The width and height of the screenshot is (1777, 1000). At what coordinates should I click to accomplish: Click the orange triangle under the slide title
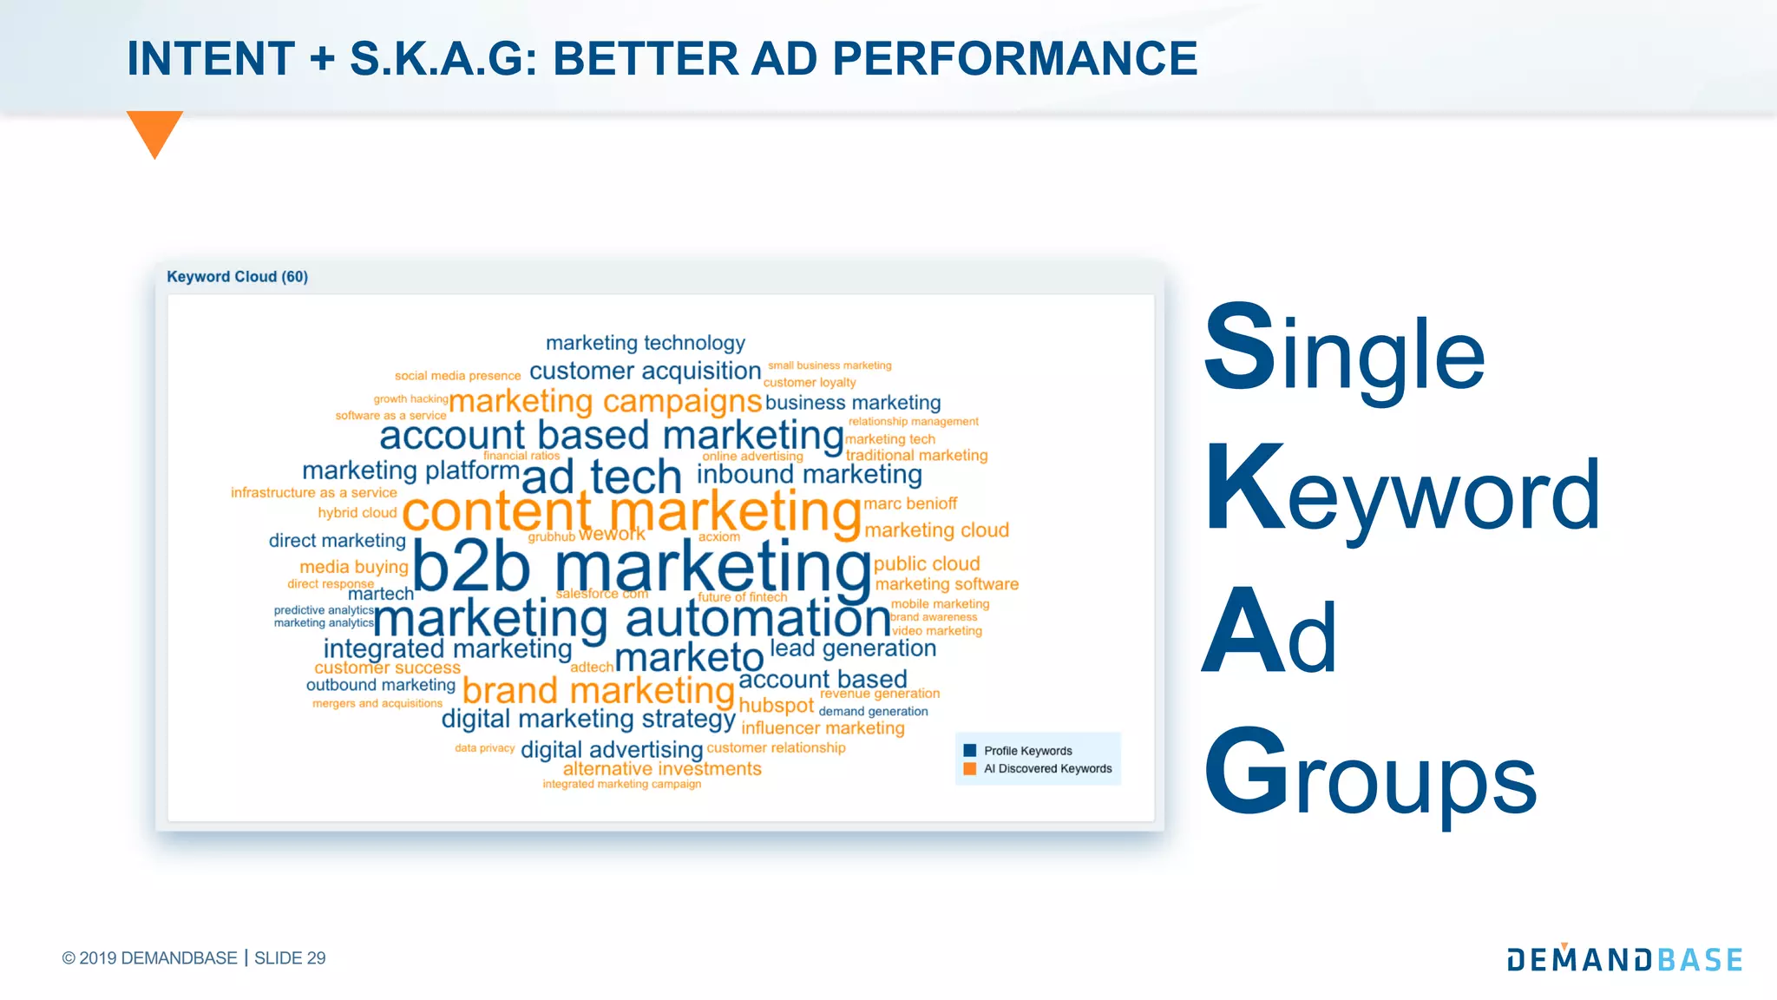(154, 130)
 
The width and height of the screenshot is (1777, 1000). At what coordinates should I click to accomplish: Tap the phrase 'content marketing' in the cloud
(631, 511)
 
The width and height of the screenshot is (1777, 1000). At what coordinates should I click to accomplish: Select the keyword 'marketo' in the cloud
(689, 658)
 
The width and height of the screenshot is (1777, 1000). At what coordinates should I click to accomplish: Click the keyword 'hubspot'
(776, 706)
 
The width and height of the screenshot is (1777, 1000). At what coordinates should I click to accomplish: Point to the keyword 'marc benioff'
(910, 503)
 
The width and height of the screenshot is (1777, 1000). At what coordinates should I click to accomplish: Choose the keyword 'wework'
(612, 534)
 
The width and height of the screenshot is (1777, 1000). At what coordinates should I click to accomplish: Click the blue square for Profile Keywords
(970, 751)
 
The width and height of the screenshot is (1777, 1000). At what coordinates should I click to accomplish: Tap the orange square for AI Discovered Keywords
(970, 768)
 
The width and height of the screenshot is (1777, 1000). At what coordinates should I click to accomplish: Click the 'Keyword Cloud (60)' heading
(237, 277)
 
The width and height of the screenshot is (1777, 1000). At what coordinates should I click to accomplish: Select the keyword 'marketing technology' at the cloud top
(646, 343)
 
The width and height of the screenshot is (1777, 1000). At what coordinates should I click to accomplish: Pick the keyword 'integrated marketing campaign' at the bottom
(621, 784)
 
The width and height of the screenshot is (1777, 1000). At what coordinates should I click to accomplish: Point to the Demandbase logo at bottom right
(1624, 958)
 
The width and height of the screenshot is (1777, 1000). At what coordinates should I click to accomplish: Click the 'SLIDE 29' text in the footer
(290, 958)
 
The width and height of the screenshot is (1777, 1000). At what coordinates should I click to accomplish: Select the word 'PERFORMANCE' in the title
(1014, 59)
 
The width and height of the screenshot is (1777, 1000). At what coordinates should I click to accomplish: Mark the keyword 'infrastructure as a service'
(313, 492)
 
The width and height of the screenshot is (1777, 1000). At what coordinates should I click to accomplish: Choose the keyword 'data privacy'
(484, 747)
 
